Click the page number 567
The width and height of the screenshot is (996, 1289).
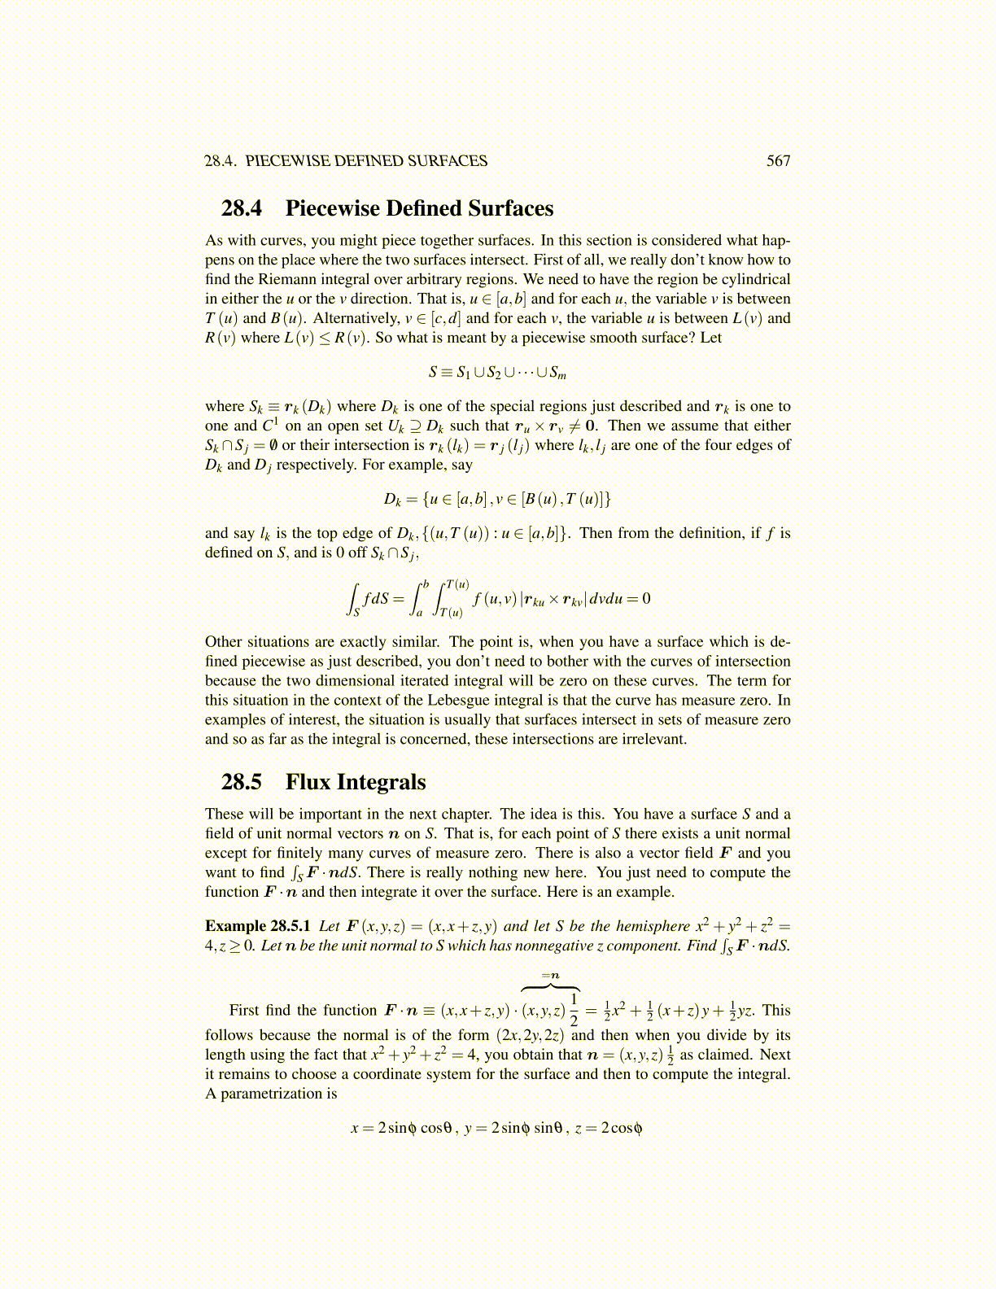click(778, 161)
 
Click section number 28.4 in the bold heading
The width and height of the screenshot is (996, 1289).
click(241, 208)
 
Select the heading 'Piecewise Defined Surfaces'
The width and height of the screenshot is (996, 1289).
click(419, 208)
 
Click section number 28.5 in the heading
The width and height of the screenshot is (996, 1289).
click(241, 782)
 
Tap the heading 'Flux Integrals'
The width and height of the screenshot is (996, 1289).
click(356, 782)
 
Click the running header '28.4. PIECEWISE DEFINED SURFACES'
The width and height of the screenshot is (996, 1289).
click(346, 161)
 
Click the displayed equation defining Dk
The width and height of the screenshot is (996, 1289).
click(497, 499)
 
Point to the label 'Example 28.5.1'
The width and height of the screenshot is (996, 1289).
click(257, 926)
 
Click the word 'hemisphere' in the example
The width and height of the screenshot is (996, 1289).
click(653, 926)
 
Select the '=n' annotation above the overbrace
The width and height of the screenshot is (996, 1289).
click(551, 975)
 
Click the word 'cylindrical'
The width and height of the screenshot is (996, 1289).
click(752, 279)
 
